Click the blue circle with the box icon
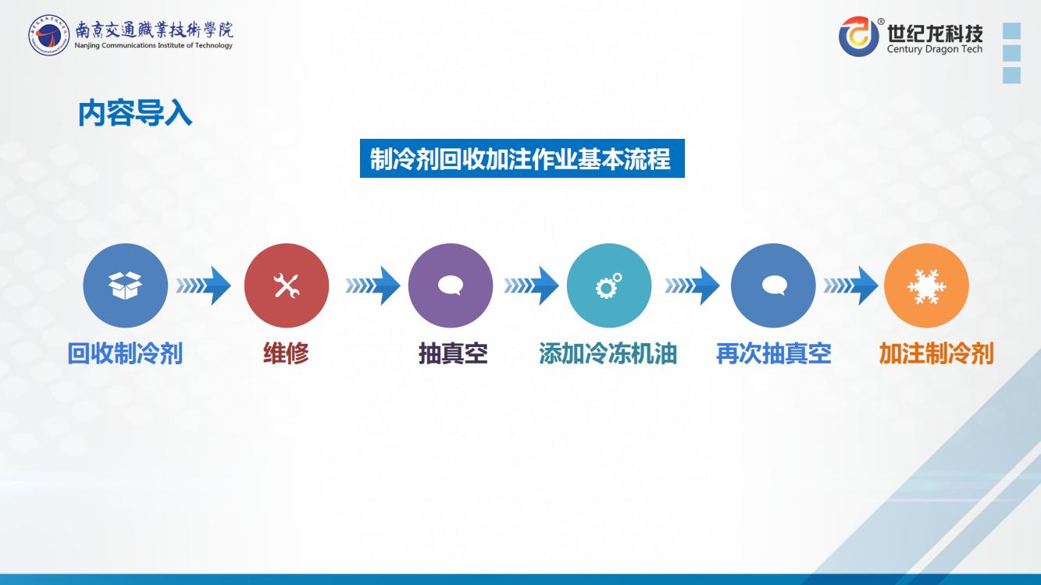pos(126,285)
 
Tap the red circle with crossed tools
pos(287,285)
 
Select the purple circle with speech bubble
pos(451,285)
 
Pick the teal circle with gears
pos(609,285)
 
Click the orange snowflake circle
pos(926,285)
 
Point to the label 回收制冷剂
pos(125,353)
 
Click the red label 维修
pos(286,353)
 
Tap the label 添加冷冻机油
pos(608,353)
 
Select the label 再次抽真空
pos(774,353)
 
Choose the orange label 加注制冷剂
pos(936,353)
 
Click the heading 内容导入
pos(135,113)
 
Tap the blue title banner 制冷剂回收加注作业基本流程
pos(522,158)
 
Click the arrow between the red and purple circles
pos(373,285)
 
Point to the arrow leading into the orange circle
pos(851,285)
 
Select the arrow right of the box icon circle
pos(204,285)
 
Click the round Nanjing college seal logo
pos(48,35)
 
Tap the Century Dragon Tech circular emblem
pos(859,36)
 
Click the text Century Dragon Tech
pos(935,49)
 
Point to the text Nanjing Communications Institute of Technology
pos(153,45)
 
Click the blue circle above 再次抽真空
pos(773,285)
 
